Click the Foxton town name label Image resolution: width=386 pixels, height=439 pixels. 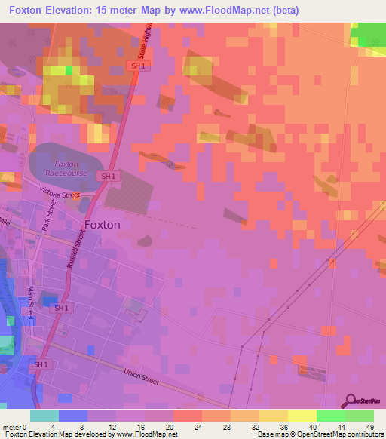[x=103, y=225]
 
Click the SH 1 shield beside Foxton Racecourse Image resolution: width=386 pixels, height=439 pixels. [x=109, y=177]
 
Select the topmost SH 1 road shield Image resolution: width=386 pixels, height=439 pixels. [x=136, y=66]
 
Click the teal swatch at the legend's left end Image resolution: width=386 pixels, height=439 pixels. [x=44, y=416]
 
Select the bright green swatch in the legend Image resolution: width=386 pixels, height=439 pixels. [x=331, y=416]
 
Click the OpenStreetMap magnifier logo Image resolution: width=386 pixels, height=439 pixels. [x=350, y=400]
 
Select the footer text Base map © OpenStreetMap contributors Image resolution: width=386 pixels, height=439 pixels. [x=320, y=434]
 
